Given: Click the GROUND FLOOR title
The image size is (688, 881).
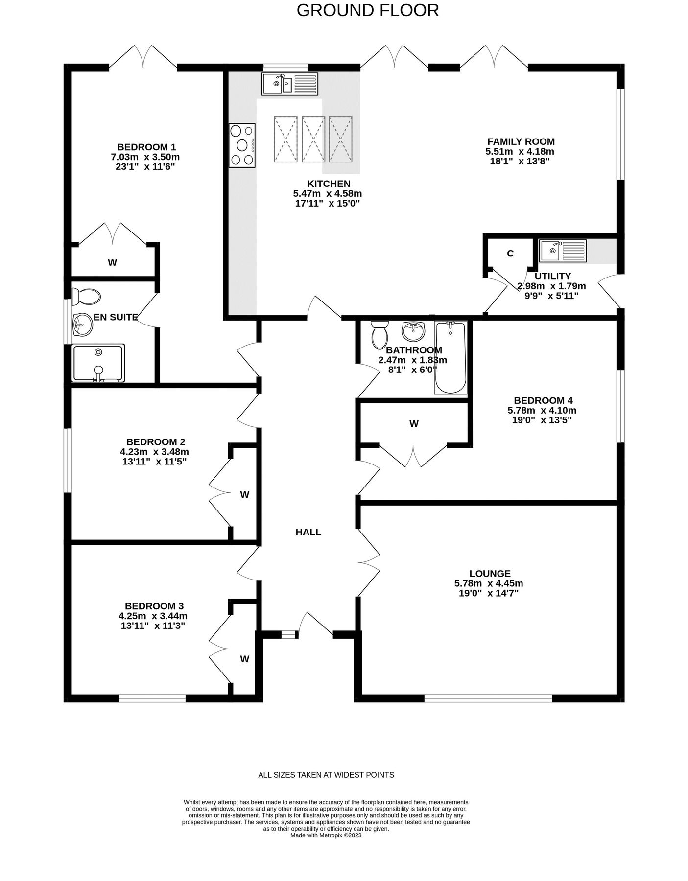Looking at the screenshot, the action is pos(368,10).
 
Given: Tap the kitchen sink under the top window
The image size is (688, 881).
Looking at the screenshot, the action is pos(290,84).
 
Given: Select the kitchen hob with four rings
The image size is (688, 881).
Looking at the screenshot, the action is pos(242,145).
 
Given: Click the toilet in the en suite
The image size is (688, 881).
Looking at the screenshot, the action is pos(86,297).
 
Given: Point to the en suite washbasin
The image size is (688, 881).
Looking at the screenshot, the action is pos(82,325).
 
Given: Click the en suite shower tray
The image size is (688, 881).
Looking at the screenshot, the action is pos(98,363).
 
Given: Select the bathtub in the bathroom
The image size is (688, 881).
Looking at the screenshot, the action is pos(451,358).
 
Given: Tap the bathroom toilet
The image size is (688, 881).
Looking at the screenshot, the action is pos(380,334).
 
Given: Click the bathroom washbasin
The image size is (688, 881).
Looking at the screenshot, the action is pos(413,331).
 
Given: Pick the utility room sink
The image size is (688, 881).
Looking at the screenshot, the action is pos(563,251).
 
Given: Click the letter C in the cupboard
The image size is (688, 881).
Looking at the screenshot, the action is pos(510,254).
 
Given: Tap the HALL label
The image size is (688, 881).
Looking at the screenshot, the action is pos(308,532).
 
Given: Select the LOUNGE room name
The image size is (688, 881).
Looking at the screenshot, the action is pos(490,574).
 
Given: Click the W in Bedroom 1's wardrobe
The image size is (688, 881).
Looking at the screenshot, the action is pos(112,262).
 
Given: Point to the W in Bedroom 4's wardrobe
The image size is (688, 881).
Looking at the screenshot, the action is pos(414,424).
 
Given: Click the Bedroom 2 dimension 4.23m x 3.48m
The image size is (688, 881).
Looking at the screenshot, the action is pos(154,452).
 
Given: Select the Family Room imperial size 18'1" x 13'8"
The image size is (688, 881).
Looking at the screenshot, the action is pos(521,161).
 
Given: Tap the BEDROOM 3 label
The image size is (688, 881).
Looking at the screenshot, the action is pos(154,606).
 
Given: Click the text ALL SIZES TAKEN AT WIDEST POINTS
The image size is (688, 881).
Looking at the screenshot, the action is pos(326,775).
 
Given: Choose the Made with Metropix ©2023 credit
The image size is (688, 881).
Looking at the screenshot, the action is pos(326,835).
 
